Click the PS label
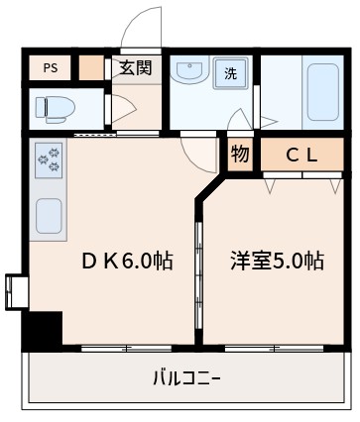[49, 68]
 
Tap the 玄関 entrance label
[137, 67]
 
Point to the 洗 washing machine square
[230, 72]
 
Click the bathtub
[321, 93]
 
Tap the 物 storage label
[239, 154]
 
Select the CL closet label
[301, 155]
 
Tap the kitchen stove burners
[49, 158]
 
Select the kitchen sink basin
[50, 213]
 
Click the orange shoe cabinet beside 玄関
[91, 68]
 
